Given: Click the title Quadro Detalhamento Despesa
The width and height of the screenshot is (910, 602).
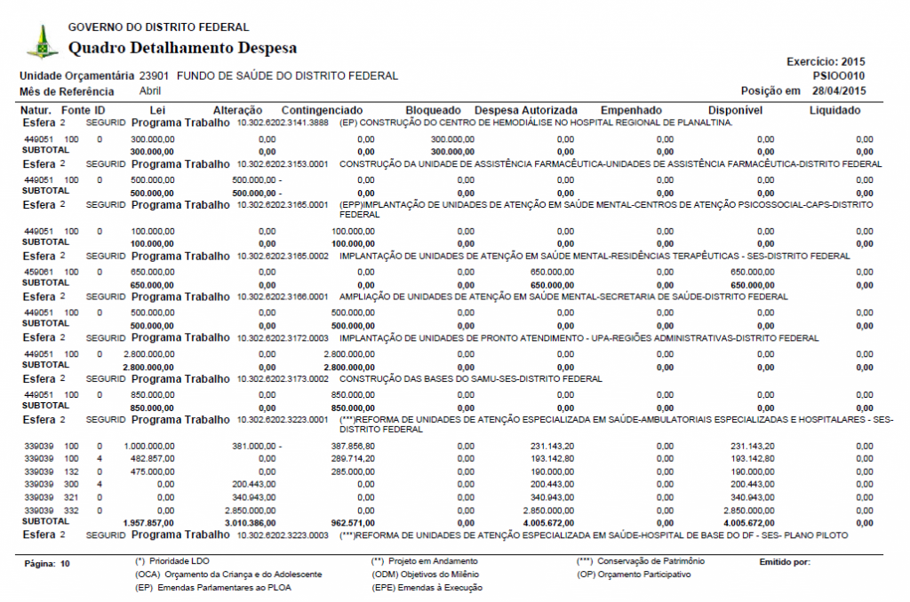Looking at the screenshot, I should (182, 47).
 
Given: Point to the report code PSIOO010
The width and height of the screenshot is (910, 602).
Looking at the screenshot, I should (839, 76).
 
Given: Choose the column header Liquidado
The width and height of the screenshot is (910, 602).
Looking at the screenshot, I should (834, 110).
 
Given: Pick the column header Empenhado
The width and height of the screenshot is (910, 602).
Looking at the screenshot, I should (631, 110).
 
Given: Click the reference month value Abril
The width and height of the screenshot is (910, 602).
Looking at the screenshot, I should (150, 91).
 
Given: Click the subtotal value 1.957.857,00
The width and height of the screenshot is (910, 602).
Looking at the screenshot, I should (148, 524).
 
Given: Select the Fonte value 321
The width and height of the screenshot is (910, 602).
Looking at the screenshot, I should (71, 498).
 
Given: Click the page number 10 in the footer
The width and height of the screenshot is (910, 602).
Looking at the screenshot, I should (65, 564).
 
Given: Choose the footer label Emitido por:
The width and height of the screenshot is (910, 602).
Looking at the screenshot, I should (785, 562).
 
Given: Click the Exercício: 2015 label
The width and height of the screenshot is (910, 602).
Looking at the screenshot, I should (826, 62).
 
